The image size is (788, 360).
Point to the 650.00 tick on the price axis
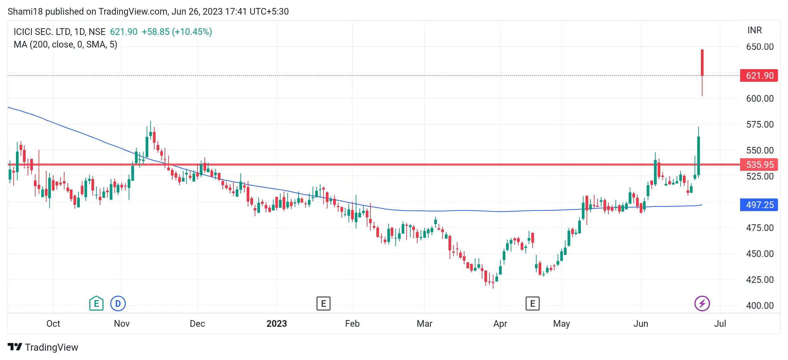(x=760, y=47)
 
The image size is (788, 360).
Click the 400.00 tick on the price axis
(x=760, y=305)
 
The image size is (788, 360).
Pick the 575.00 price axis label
(x=760, y=124)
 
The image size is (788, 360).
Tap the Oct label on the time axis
(x=53, y=323)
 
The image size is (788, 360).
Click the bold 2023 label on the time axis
(x=277, y=323)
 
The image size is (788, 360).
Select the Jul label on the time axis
(x=720, y=323)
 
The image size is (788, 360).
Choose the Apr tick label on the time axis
(x=500, y=323)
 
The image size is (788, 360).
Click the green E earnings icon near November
(x=96, y=303)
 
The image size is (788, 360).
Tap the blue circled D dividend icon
(x=118, y=303)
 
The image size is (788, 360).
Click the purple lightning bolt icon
(x=702, y=303)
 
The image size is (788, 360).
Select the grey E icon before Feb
(x=323, y=303)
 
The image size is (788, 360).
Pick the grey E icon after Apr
(x=532, y=303)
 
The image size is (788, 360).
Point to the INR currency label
(x=754, y=30)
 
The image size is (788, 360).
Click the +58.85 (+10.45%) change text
(x=177, y=32)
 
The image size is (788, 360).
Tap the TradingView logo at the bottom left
(x=43, y=347)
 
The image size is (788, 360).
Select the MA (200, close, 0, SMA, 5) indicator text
(x=66, y=45)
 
